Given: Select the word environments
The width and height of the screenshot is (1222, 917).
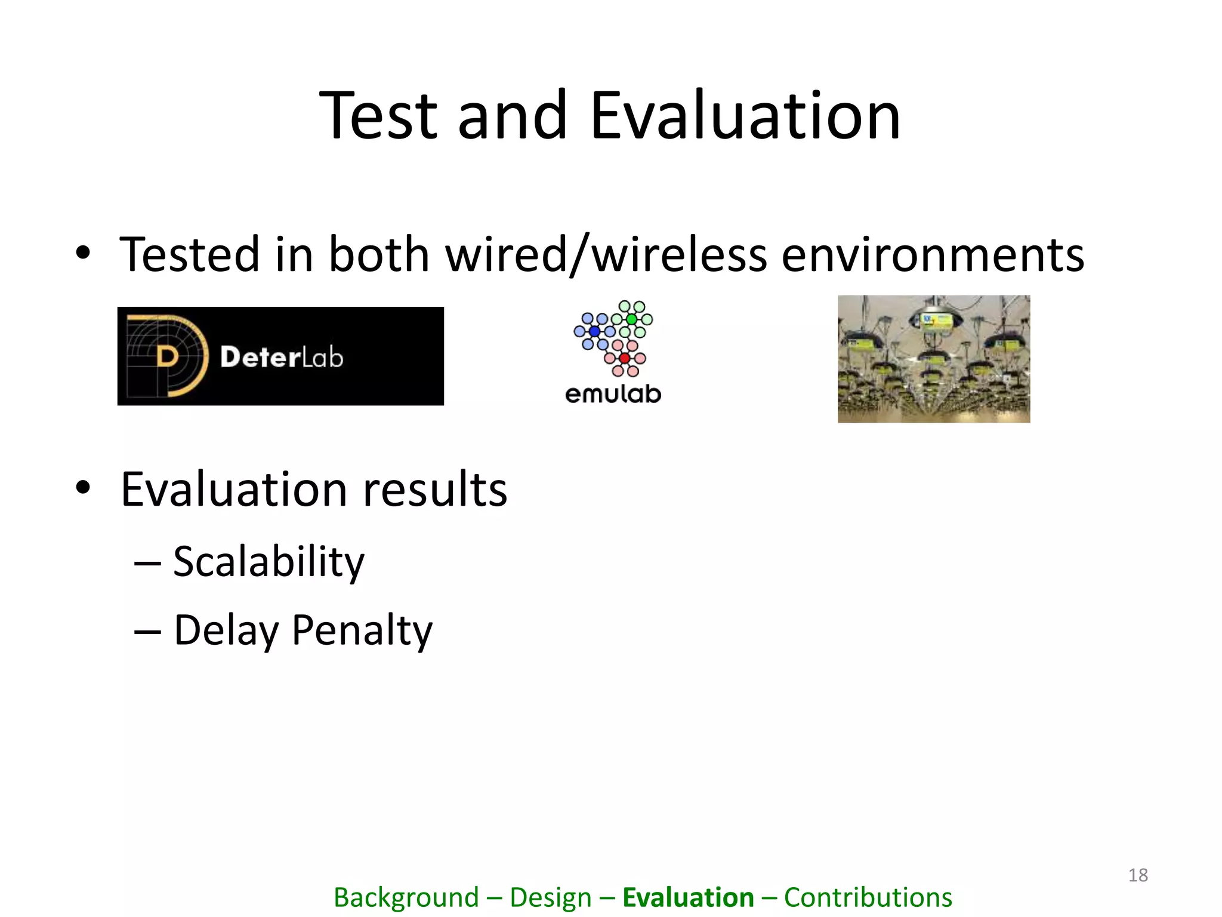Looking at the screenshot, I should (x=933, y=255).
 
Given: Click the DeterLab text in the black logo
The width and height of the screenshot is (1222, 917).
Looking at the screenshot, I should (x=281, y=357).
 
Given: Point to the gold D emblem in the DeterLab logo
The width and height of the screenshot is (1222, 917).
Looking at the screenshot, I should (x=168, y=356).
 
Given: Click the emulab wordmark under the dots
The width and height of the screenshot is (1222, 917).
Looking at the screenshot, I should (x=613, y=394).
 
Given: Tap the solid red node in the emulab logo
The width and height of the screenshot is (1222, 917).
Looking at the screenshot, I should (x=624, y=358).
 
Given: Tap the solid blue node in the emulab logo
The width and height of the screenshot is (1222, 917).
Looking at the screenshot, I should (x=594, y=331).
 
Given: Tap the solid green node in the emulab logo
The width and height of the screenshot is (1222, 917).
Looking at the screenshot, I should (x=631, y=319).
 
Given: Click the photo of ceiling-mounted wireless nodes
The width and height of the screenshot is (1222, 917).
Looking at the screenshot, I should (x=934, y=359).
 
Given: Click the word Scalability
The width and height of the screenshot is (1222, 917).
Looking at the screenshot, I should (x=269, y=562).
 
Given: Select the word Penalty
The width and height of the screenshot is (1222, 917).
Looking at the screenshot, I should (x=362, y=630).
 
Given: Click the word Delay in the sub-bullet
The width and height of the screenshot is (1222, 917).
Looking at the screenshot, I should (x=226, y=630).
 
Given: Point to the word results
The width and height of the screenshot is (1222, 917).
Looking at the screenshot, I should (x=435, y=490).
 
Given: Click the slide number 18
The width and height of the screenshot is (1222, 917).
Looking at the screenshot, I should (x=1138, y=875).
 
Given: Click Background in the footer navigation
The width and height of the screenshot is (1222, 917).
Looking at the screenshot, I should (x=406, y=897).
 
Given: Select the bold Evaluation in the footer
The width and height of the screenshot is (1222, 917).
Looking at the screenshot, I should (x=688, y=897).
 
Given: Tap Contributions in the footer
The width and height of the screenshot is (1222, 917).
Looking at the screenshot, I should (x=868, y=897).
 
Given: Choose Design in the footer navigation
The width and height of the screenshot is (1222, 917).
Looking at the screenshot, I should (x=550, y=897).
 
